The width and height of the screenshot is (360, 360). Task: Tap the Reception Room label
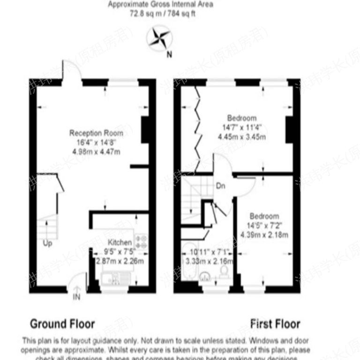pyautogui.click(x=93, y=133)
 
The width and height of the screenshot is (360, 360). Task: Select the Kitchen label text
pyautogui.click(x=120, y=243)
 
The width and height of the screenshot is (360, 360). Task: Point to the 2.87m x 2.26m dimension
pyautogui.click(x=120, y=261)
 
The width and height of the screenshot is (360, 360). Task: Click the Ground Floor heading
pyautogui.click(x=62, y=323)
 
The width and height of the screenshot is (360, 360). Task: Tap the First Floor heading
pyautogui.click(x=275, y=323)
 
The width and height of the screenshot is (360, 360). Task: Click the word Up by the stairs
pyautogui.click(x=48, y=243)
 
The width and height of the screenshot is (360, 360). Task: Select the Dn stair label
pyautogui.click(x=220, y=186)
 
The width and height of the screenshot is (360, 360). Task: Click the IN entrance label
pyautogui.click(x=76, y=297)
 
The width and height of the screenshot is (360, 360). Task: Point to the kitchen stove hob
pyautogui.click(x=141, y=240)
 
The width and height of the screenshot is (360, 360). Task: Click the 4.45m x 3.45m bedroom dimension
pyautogui.click(x=241, y=137)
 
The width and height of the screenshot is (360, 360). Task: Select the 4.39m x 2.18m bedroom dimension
pyautogui.click(x=264, y=234)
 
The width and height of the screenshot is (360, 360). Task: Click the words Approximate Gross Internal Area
pyautogui.click(x=161, y=5)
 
